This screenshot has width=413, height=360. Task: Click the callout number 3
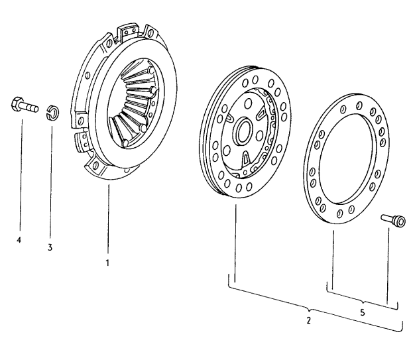(x=50, y=247)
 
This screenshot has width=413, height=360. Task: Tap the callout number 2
(x=308, y=320)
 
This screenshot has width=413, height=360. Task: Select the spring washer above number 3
(x=50, y=111)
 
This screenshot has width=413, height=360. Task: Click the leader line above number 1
(x=107, y=219)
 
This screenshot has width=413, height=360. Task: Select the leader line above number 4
(x=20, y=172)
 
